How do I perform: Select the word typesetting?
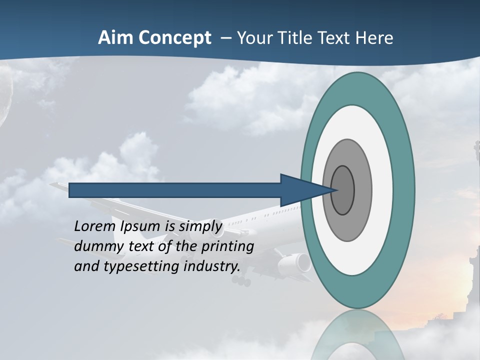tap(141, 267)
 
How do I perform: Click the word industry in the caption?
tap(212, 266)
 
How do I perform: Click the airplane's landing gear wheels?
tap(241, 281)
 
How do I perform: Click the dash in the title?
tap(225, 38)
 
